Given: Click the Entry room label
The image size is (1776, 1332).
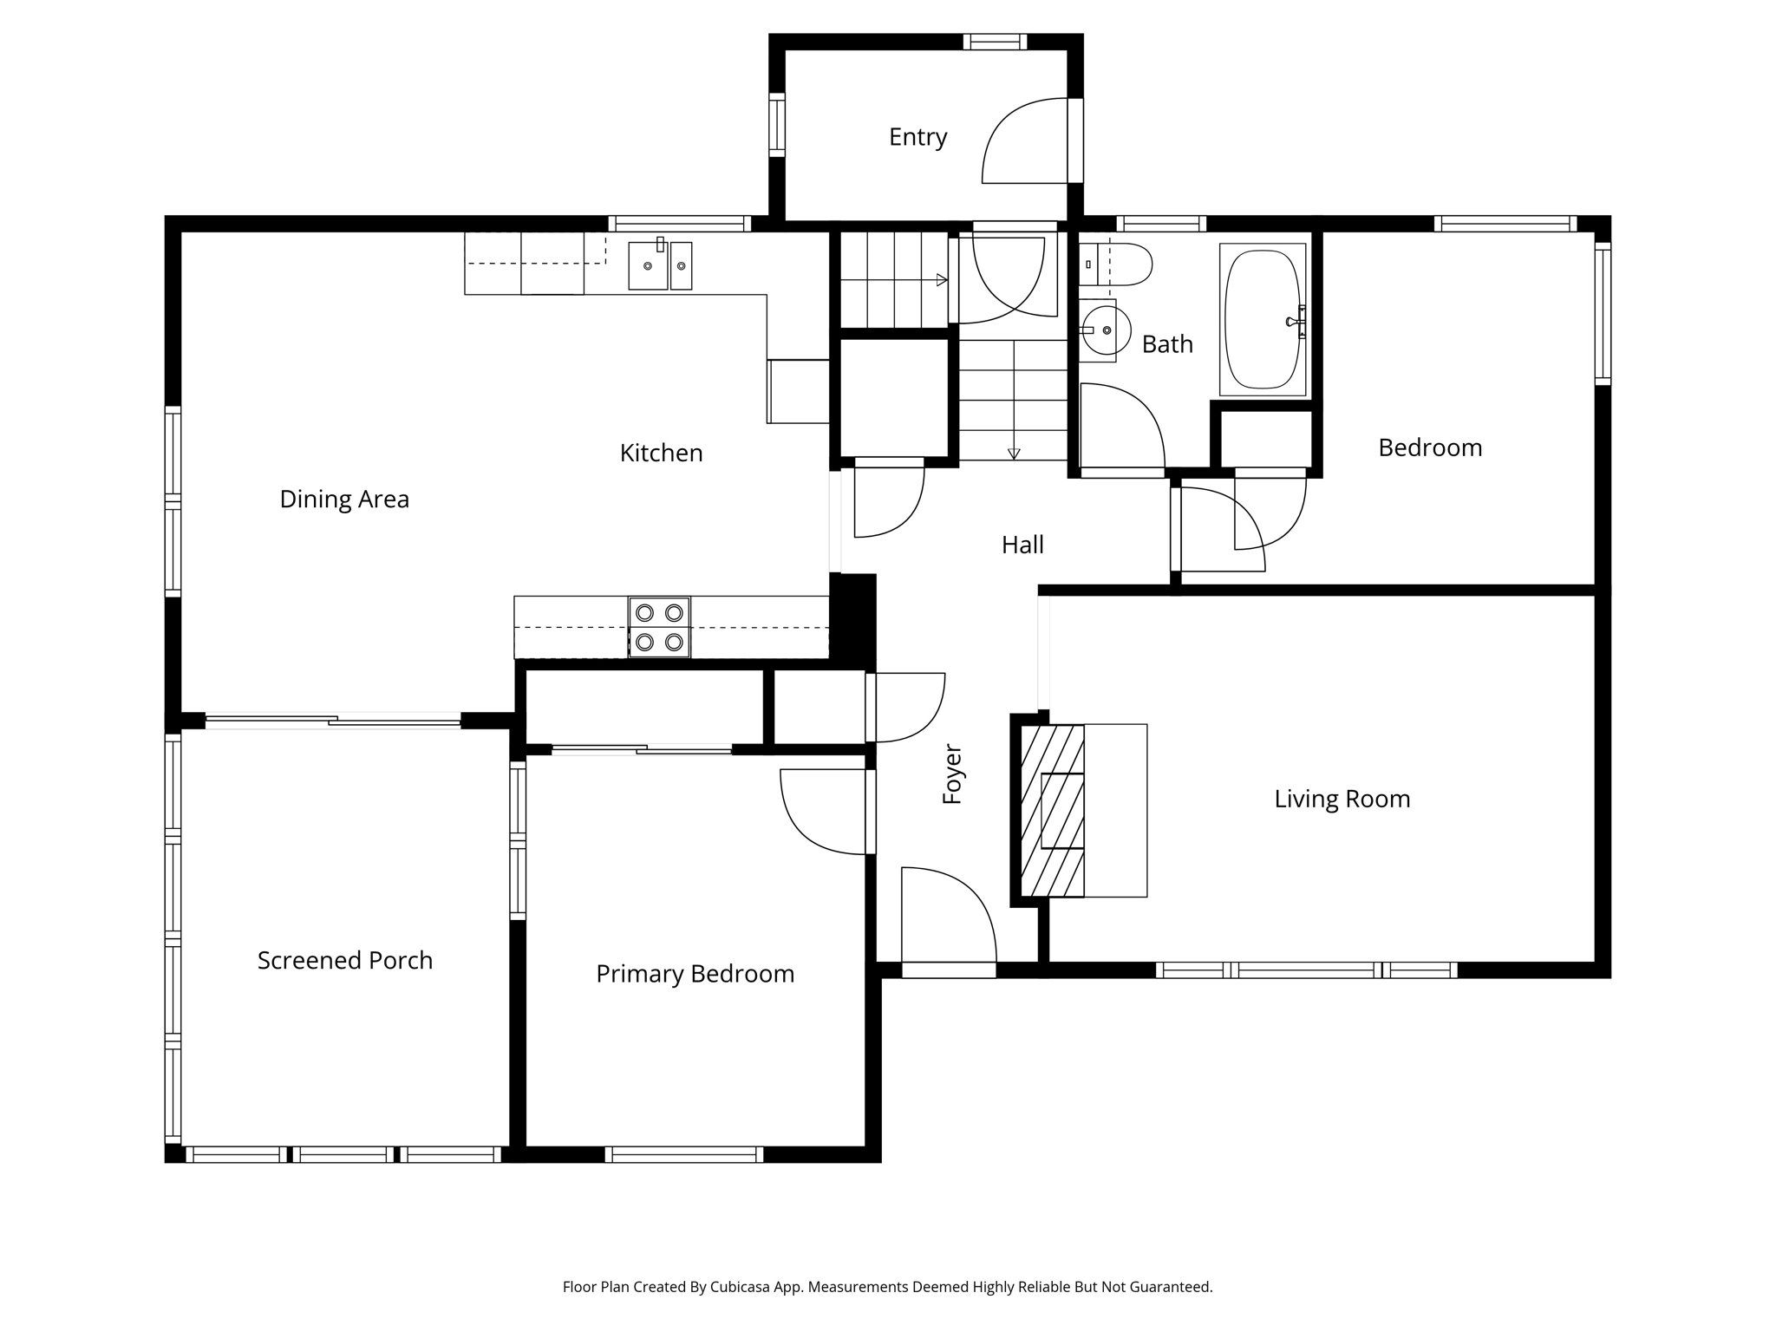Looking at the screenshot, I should coord(917,137).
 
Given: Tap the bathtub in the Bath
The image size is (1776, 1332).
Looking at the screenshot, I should coord(1263,320).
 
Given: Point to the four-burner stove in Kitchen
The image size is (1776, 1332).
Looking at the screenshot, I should coord(659,627).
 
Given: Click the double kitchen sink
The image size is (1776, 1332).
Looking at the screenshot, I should coord(660,265).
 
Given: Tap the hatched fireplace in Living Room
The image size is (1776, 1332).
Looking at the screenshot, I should coord(1052,811).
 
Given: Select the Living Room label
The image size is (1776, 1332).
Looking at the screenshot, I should coord(1342,799).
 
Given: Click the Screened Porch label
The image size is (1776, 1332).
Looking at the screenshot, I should coord(344,960).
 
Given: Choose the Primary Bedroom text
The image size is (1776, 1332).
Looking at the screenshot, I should coord(695,974).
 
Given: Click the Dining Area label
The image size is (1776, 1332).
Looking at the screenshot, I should coord(344,499).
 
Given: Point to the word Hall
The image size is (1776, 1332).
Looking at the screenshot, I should coord(1022,545).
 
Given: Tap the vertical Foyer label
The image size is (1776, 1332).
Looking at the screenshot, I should coord(952,774).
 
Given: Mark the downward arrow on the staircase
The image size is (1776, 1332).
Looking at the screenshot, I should coord(1014,453).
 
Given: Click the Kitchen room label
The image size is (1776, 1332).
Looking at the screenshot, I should coord(661,453).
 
